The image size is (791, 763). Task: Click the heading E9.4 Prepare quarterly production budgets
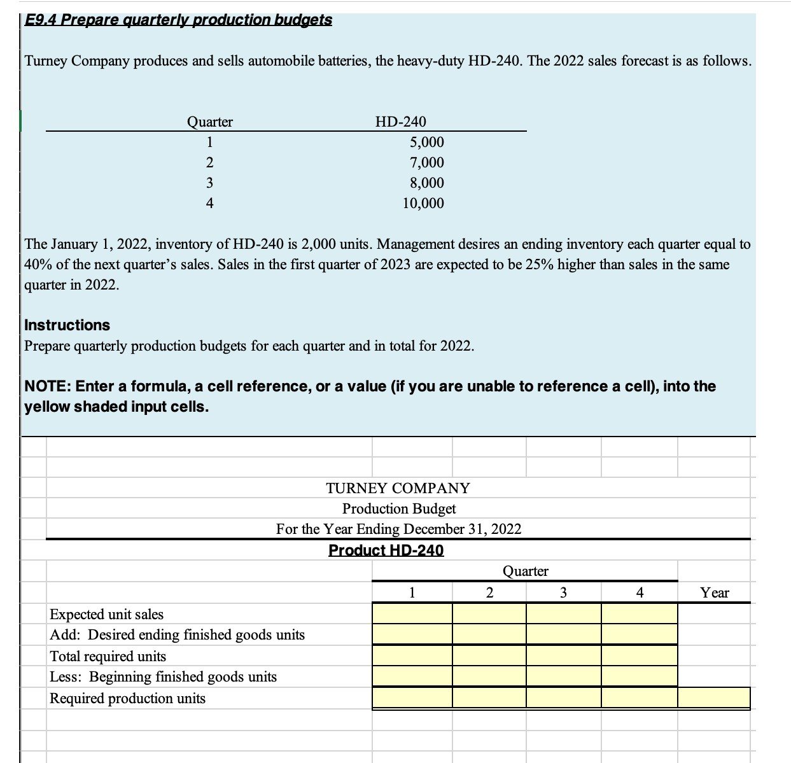coord(178,20)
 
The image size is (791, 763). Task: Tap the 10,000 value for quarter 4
coord(423,203)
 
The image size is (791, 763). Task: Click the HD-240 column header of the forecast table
coord(401,121)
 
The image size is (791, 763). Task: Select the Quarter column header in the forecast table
coord(209,121)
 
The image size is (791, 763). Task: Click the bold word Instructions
coord(67,325)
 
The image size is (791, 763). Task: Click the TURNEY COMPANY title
coord(398,488)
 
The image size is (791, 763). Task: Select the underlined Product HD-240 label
coord(386,550)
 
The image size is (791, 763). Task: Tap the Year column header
coord(714,593)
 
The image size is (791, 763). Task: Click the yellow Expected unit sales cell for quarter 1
coord(412,614)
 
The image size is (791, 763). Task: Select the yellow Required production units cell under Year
coord(714,697)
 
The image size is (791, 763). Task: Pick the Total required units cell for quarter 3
coord(563,655)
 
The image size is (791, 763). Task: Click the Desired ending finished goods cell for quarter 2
coord(489,634)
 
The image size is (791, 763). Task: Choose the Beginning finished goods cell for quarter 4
coord(639,676)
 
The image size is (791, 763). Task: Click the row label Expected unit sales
coord(106,614)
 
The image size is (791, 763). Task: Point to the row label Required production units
coord(127,698)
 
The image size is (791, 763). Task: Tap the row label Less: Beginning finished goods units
coord(163,676)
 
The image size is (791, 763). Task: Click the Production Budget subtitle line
coord(398,508)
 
